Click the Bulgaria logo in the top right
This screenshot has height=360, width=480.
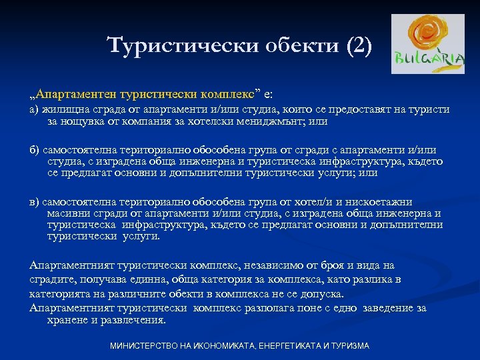click(x=428, y=43)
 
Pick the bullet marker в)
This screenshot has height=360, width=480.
click(x=35, y=202)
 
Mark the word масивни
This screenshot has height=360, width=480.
click(x=68, y=213)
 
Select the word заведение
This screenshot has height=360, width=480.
click(x=373, y=308)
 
